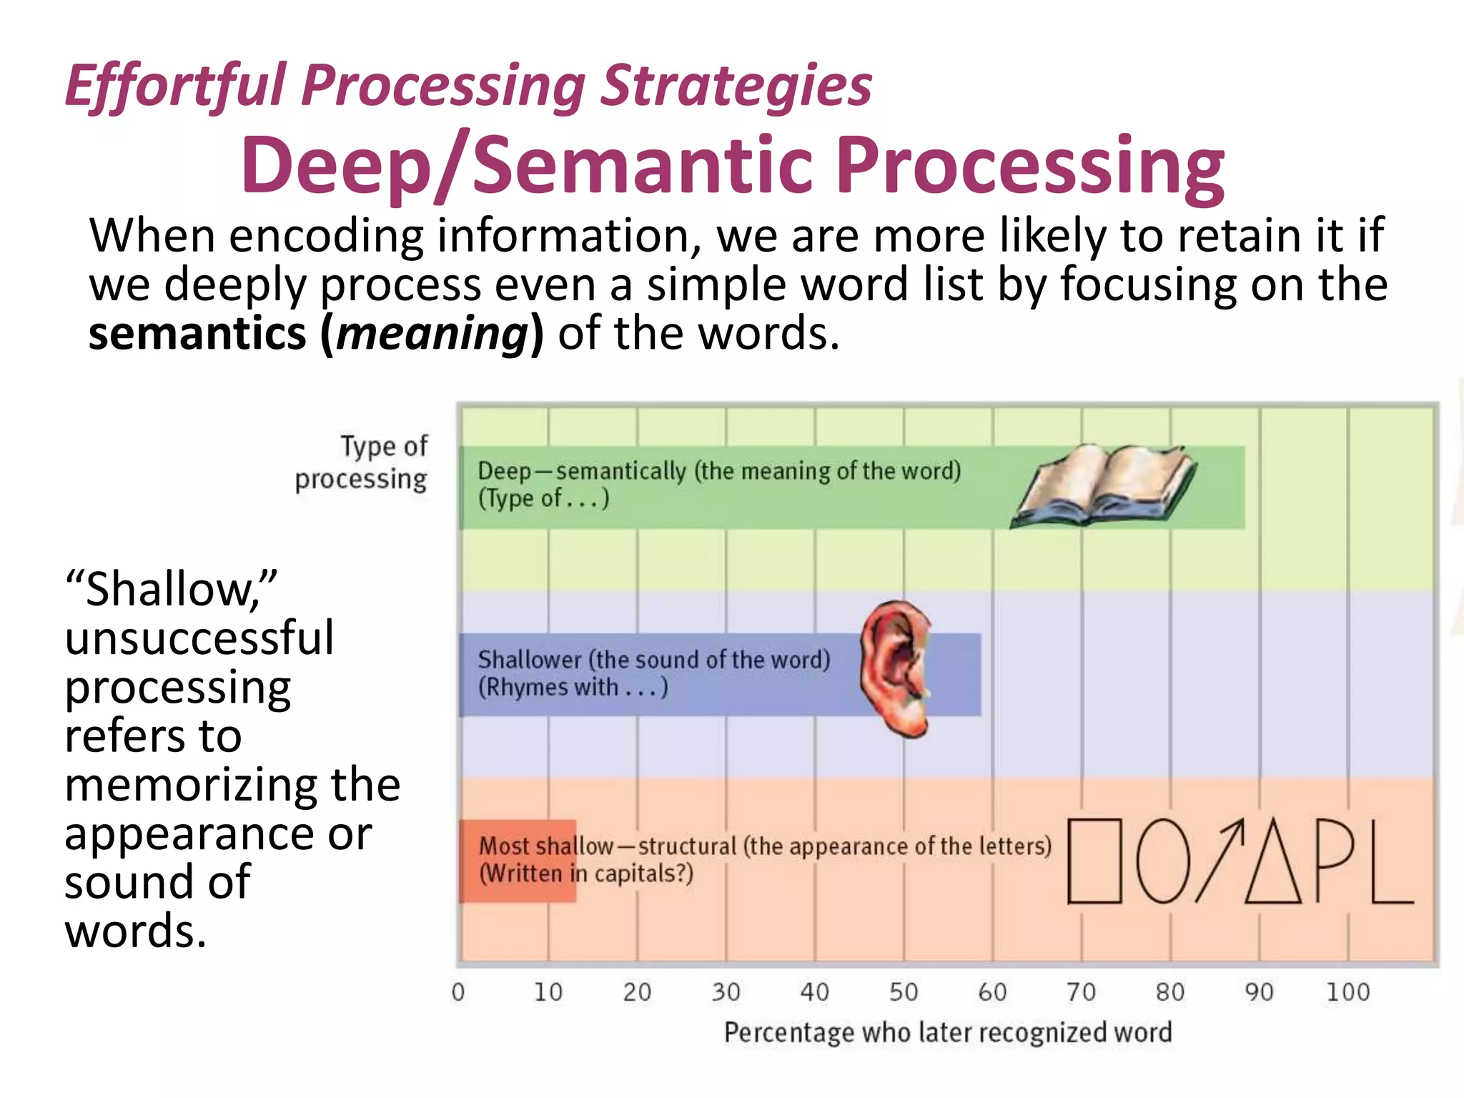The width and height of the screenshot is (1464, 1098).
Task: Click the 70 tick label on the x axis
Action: pos(1081,992)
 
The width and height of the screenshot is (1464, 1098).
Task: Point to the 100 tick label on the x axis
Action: pos(1347,992)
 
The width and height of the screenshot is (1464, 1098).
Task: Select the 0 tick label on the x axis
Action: pos(458,992)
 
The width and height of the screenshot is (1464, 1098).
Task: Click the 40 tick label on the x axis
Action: pos(814,992)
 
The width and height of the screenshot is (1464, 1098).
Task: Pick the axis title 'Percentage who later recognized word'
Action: pos(948,1033)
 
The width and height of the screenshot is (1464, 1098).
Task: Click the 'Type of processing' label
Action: pos(362,463)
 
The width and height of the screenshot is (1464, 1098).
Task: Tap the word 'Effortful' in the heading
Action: pos(175,86)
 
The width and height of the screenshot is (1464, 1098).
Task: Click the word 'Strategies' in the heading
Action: pos(736,86)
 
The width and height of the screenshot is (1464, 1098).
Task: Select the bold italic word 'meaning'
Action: pos(432,334)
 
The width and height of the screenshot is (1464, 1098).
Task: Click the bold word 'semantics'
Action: pos(197,334)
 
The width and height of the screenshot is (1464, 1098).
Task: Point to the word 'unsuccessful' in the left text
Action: pos(199,638)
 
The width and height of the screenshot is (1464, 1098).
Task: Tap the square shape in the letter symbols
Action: pos(1094,861)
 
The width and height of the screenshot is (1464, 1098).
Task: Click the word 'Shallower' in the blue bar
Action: pos(529,659)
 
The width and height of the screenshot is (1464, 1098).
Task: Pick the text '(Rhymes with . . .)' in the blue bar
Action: pos(573,687)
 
